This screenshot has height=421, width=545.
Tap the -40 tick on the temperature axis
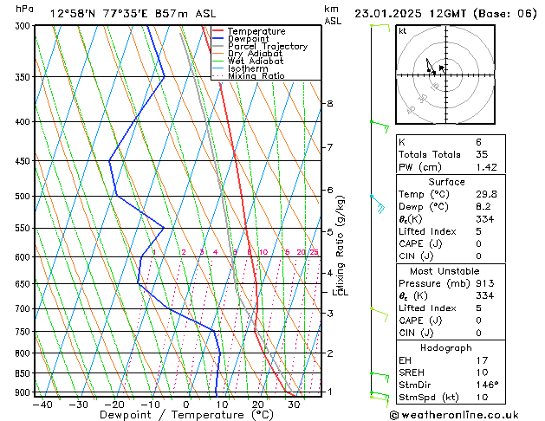(42, 404)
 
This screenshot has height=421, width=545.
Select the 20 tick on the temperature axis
(258, 404)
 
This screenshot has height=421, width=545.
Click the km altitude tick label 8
(329, 104)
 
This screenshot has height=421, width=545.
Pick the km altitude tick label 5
(329, 232)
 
